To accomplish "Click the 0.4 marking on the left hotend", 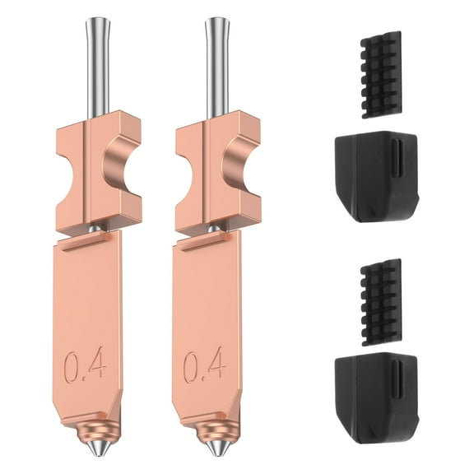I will (x=85, y=365).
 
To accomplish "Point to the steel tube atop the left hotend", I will (x=97, y=66).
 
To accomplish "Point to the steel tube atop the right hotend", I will (x=216, y=66).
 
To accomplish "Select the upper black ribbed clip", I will (x=381, y=74).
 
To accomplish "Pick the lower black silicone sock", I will (x=374, y=399).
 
